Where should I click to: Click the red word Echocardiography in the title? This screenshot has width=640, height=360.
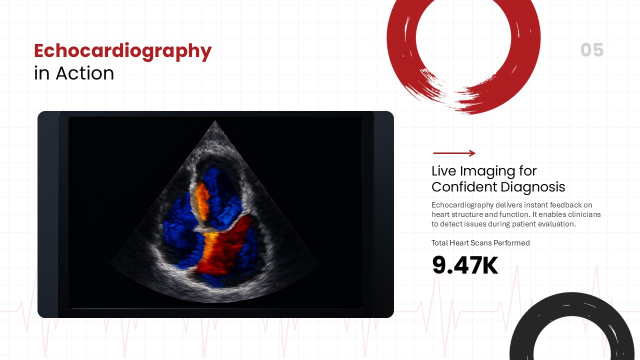click(122, 51)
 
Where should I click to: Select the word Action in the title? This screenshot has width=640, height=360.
click(85, 73)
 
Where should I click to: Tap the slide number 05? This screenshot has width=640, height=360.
click(592, 50)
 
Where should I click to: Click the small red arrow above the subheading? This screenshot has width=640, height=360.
click(454, 153)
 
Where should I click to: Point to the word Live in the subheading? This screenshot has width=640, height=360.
click(444, 171)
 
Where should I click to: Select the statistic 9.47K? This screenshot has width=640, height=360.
click(465, 265)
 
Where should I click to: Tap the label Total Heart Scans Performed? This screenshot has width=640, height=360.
click(480, 243)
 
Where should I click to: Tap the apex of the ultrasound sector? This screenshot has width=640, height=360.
click(215, 121)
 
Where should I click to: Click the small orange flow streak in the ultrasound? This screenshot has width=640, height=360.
click(201, 197)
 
